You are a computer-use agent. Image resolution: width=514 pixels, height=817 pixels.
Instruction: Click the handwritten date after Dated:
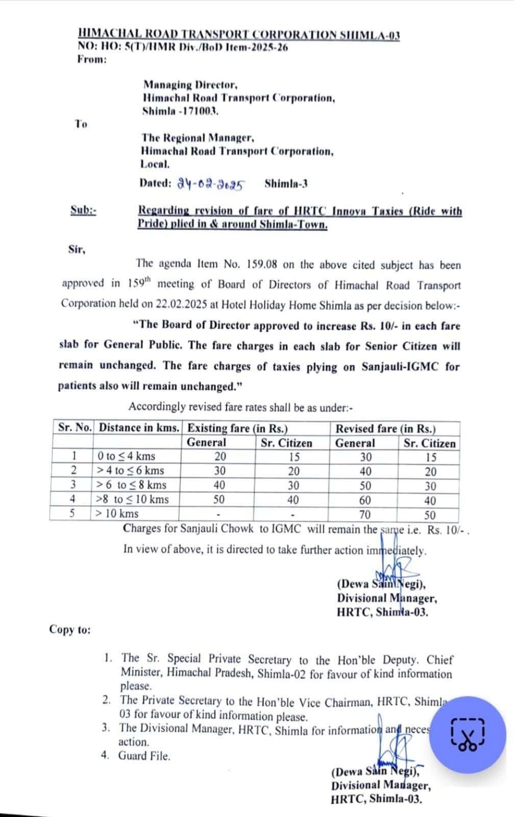tap(211, 184)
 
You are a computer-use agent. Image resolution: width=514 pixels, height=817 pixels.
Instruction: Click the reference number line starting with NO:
tap(182, 47)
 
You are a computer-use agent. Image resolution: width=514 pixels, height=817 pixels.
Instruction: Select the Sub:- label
tap(83, 210)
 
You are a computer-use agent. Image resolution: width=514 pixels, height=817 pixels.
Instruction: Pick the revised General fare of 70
tap(365, 515)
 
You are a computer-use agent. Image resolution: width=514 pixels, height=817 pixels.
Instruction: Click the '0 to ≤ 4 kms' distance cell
tap(127, 456)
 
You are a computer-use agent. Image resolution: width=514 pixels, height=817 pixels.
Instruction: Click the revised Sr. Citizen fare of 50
tap(430, 515)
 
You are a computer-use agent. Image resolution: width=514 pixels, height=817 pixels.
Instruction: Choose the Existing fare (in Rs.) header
tap(238, 428)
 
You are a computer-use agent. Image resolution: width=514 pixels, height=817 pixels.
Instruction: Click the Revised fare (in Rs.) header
tap(385, 428)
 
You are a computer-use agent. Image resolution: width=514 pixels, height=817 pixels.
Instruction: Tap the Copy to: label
tap(69, 630)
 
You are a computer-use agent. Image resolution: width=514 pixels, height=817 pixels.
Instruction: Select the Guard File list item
tap(144, 756)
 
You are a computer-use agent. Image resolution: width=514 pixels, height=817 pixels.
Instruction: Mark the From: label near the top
tap(92, 59)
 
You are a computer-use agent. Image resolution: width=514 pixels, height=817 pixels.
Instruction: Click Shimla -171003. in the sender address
tap(181, 110)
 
